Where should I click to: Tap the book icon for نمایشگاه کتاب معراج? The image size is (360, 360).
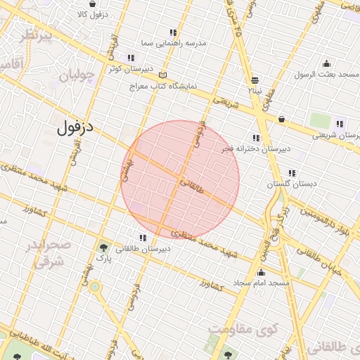pyautogui.click(x=164, y=75)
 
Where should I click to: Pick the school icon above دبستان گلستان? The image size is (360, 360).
pyautogui.click(x=292, y=173)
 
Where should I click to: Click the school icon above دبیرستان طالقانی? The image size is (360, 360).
pyautogui.click(x=143, y=238)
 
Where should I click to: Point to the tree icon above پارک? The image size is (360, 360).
pyautogui.click(x=104, y=247)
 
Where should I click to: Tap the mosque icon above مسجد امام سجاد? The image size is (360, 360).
pyautogui.click(x=262, y=273)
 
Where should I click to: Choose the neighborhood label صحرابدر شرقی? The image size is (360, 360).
pyautogui.click(x=49, y=253)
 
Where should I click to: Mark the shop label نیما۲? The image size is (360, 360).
pyautogui.click(x=254, y=90)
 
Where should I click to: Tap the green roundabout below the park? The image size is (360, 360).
pyautogui.click(x=95, y=287)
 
